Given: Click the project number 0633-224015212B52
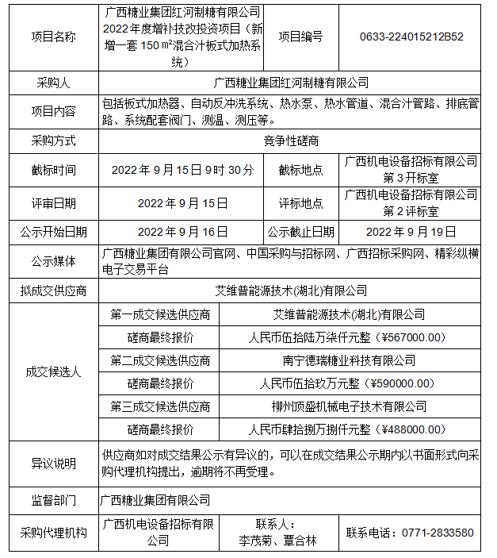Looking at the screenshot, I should pyautogui.click(x=411, y=37).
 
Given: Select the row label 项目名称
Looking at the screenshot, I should pyautogui.click(x=54, y=37).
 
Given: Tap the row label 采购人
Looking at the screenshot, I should pyautogui.click(x=54, y=83).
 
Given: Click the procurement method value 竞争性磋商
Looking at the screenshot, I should pyautogui.click(x=292, y=140).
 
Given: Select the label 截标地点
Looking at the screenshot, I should pyautogui.click(x=300, y=169).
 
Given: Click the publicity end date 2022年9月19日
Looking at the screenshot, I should pyautogui.click(x=411, y=232).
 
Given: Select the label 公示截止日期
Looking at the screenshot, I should pyautogui.click(x=300, y=232).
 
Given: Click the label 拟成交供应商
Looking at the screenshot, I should pyautogui.click(x=54, y=291).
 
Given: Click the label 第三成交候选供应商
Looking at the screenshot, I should pyautogui.click(x=161, y=406).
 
